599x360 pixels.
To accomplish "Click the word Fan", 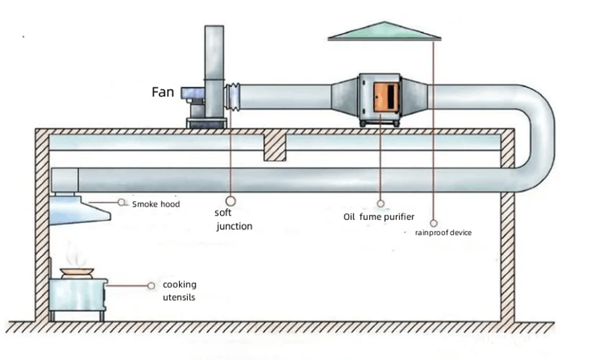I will tap(162, 93).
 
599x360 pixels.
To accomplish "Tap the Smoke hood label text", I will tap(156, 204).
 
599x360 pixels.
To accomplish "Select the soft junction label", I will tap(233, 219).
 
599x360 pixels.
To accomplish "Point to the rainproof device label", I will tap(443, 232).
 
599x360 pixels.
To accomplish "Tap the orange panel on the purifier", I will tap(384, 100).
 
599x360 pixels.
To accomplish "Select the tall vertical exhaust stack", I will tap(214, 67).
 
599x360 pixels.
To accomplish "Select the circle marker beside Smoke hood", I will tap(121, 201).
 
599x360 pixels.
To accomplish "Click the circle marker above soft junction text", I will tap(231, 201).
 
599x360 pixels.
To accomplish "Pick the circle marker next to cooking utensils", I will tap(153, 285).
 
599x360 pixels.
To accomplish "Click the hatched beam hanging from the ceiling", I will tap(275, 147).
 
